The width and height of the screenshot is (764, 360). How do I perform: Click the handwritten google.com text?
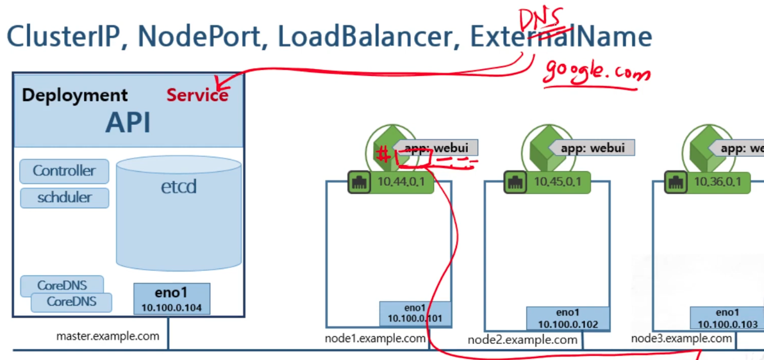click(596, 72)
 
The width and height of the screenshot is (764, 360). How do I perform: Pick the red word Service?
click(197, 95)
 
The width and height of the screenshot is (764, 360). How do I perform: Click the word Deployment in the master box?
click(75, 95)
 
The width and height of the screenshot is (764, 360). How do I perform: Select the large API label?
click(128, 122)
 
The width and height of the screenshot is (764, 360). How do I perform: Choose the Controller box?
click(64, 171)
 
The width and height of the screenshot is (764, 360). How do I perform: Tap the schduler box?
click(64, 197)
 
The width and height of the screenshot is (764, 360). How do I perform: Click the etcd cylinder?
click(179, 211)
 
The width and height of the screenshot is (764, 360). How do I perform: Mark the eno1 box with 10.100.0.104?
click(172, 299)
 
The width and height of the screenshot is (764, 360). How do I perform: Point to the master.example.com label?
click(108, 336)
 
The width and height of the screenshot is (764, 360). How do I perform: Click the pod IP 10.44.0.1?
click(405, 182)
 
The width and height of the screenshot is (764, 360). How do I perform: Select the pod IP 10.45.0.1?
click(559, 182)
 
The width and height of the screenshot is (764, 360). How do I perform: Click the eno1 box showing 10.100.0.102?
click(568, 318)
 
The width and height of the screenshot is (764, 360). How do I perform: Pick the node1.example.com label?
click(376, 338)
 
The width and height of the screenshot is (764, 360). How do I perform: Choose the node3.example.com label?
click(681, 338)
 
